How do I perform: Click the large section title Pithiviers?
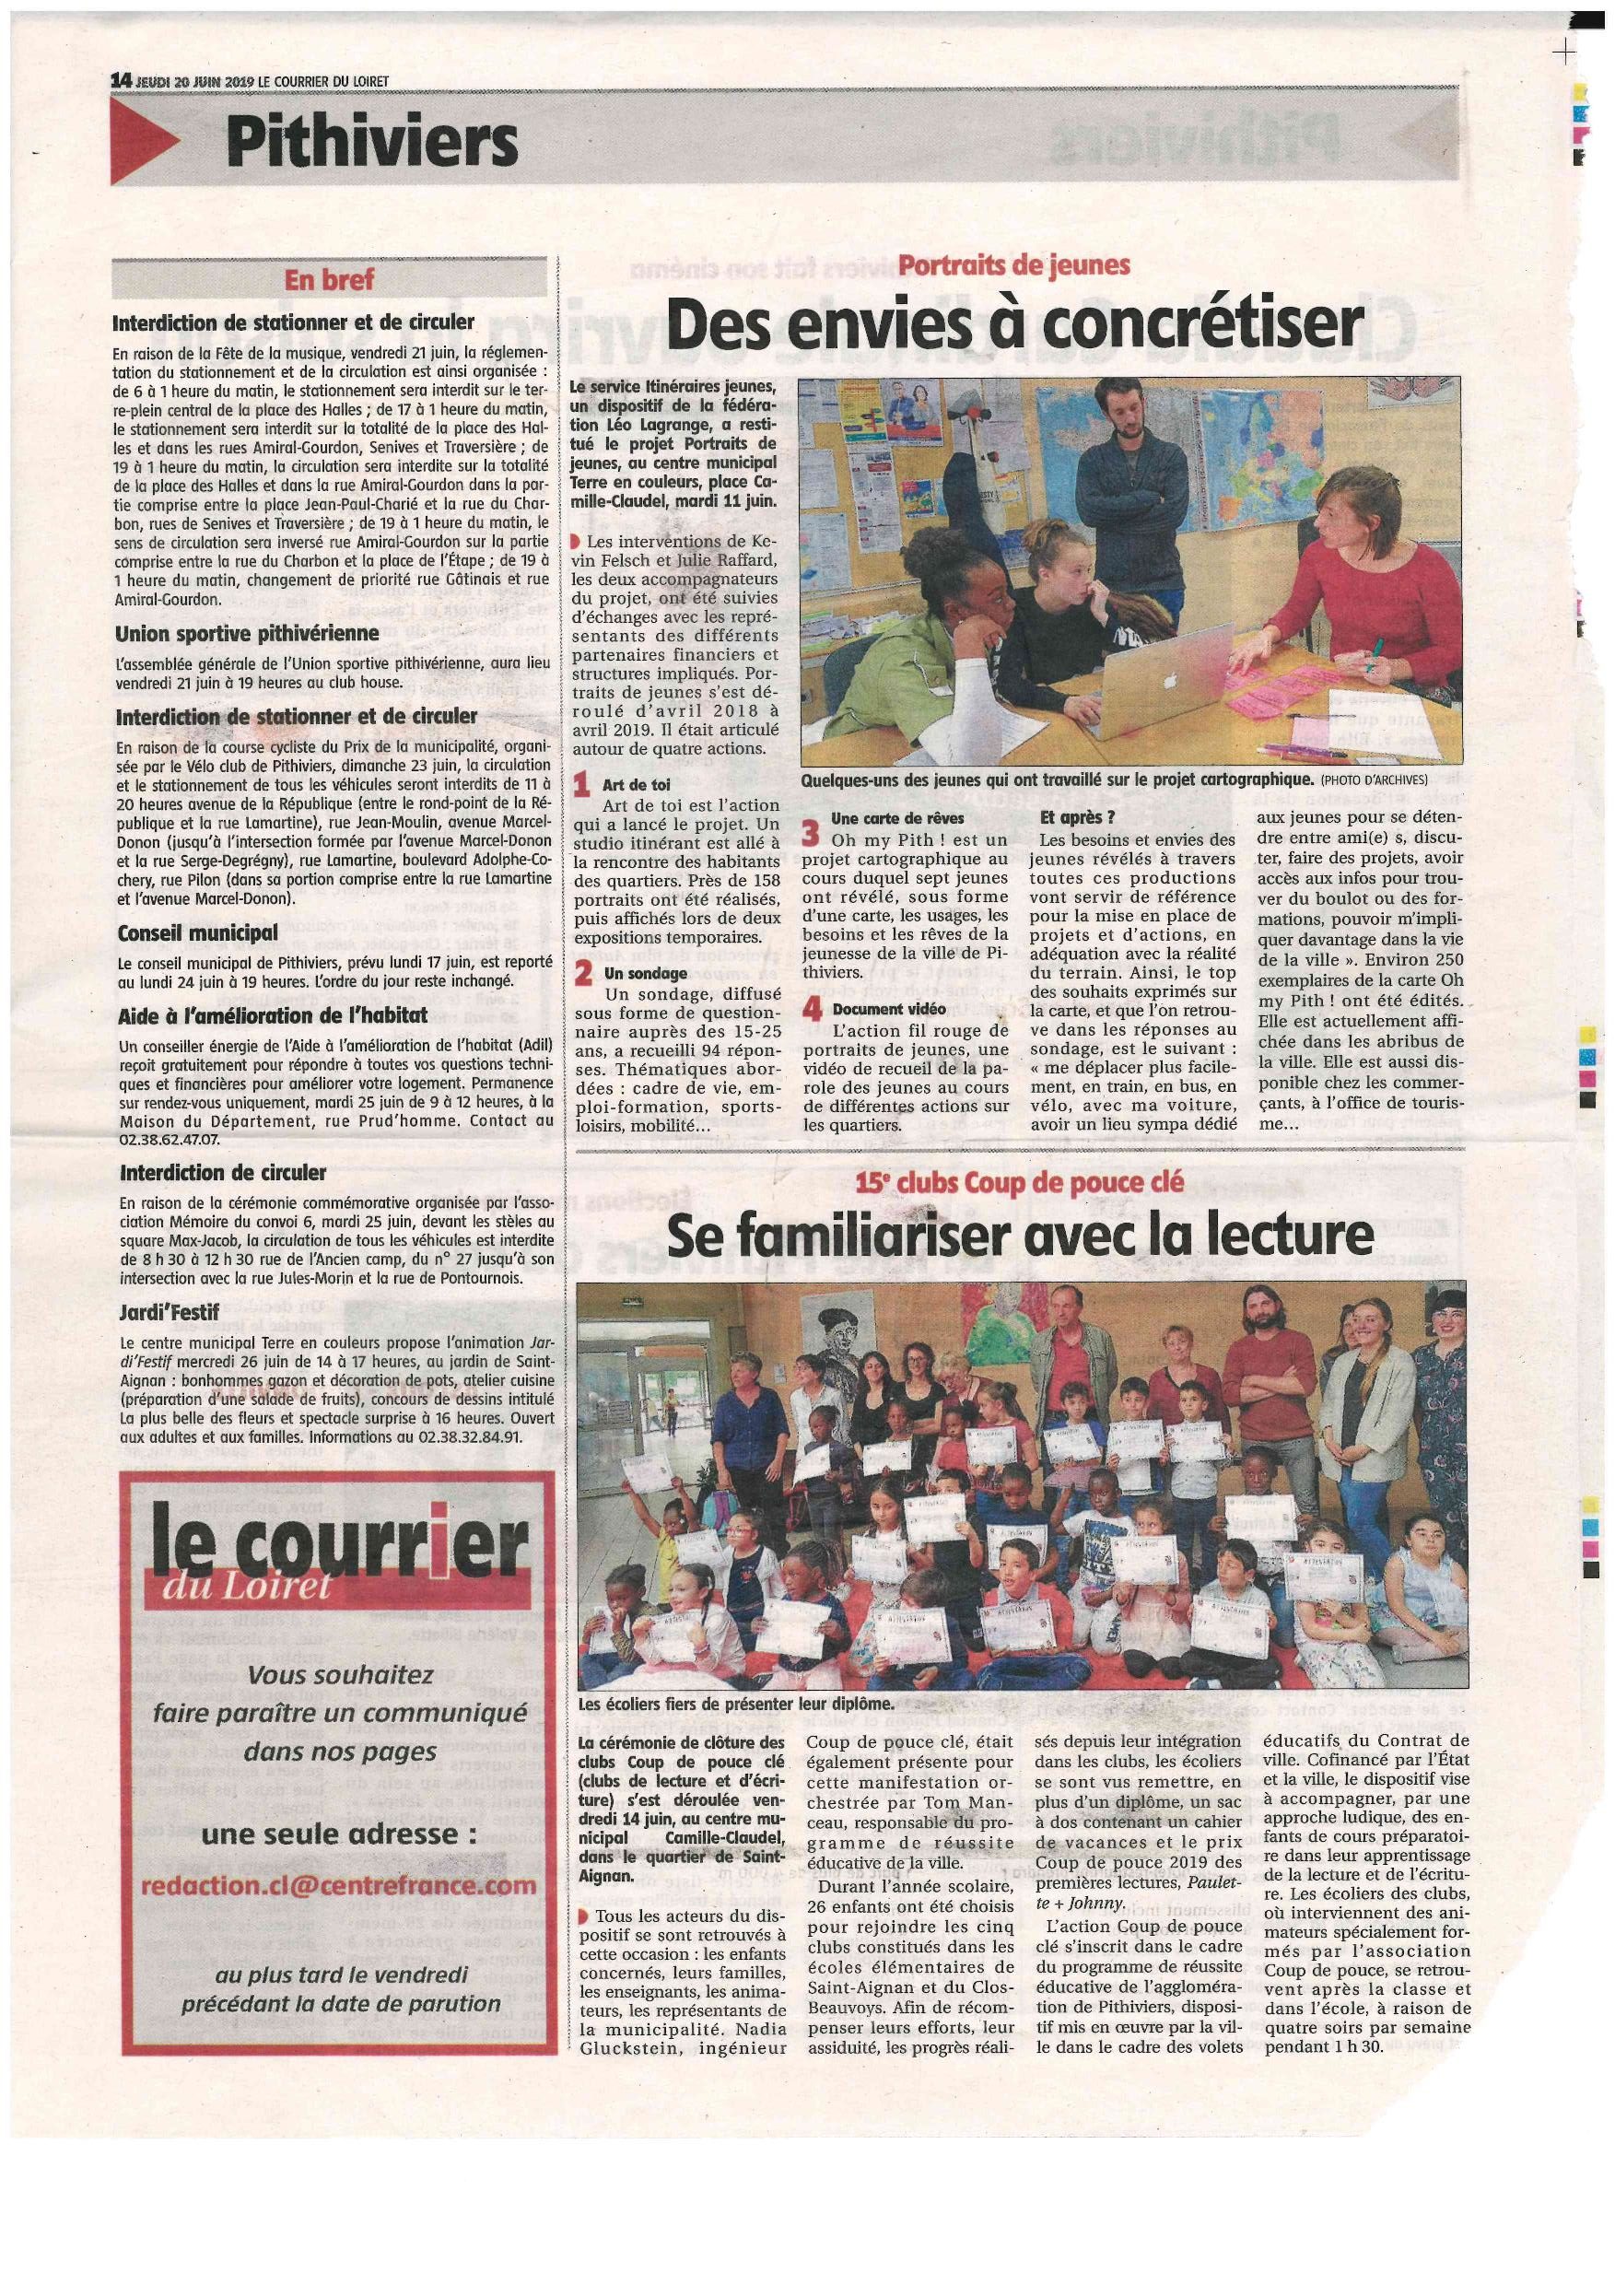click(x=370, y=142)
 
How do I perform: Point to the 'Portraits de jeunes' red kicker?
click(x=1014, y=264)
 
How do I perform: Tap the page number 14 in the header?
click(x=122, y=80)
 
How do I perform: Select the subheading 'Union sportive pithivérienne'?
click(x=246, y=633)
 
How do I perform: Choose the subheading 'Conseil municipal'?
click(x=197, y=933)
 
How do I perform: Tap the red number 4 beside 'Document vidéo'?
click(x=812, y=1010)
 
